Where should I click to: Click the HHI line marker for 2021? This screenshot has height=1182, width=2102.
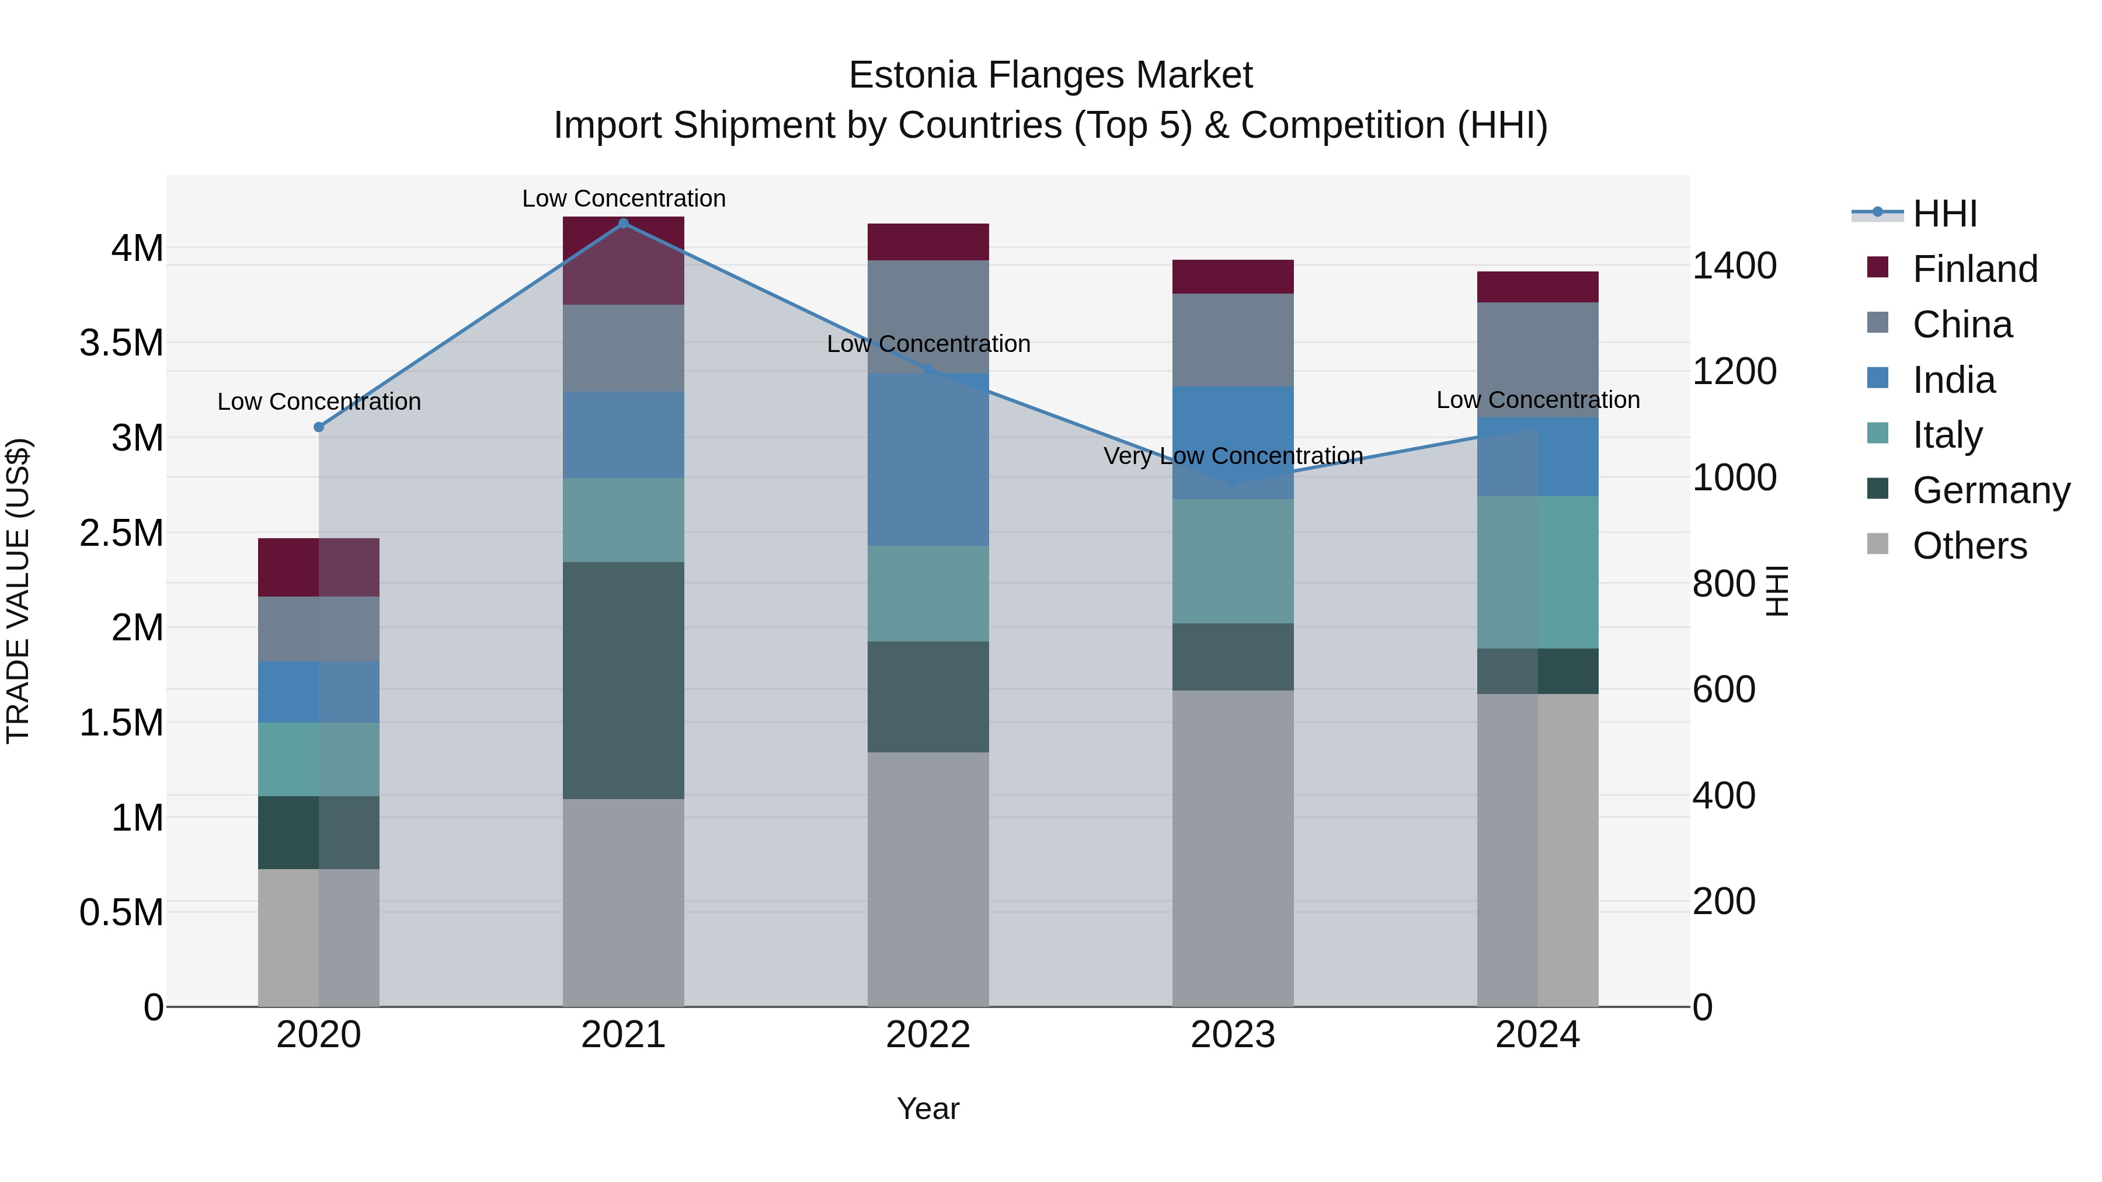pyautogui.click(x=624, y=224)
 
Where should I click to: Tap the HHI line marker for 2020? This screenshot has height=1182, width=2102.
pyautogui.click(x=319, y=427)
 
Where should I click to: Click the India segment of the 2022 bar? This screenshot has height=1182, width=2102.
pyautogui.click(x=928, y=459)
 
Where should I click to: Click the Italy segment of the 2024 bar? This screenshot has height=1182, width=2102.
pyautogui.click(x=1537, y=572)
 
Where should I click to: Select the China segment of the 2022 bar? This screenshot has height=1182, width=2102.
pyautogui.click(x=928, y=316)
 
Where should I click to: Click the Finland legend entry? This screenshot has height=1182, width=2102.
pyautogui.click(x=1974, y=269)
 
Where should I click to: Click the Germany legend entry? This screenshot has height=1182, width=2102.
pyautogui.click(x=1990, y=490)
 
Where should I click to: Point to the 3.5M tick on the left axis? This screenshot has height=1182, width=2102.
pyautogui.click(x=121, y=343)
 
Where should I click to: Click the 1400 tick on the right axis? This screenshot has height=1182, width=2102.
pyautogui.click(x=1734, y=266)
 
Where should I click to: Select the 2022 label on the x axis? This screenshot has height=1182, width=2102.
pyautogui.click(x=928, y=1034)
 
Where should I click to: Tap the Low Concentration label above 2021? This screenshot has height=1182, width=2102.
pyautogui.click(x=624, y=198)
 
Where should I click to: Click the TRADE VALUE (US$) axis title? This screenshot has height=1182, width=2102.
pyautogui.click(x=18, y=591)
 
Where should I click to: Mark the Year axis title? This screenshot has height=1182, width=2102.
pyautogui.click(x=928, y=1108)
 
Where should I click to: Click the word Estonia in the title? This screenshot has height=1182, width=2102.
pyautogui.click(x=911, y=75)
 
